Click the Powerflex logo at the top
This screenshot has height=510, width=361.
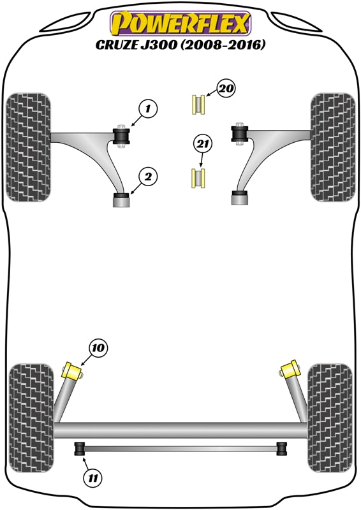[x=180, y=24]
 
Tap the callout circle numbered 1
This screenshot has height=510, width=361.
[x=147, y=110]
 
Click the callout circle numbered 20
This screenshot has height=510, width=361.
[x=226, y=90]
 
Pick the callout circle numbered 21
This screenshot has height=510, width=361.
[x=202, y=145]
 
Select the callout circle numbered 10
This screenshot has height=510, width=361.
[x=99, y=348]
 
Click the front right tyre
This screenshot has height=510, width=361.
[x=332, y=147]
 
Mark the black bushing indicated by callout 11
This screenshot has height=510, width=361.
[x=80, y=449]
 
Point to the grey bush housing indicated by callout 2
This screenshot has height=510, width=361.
[x=121, y=201]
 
